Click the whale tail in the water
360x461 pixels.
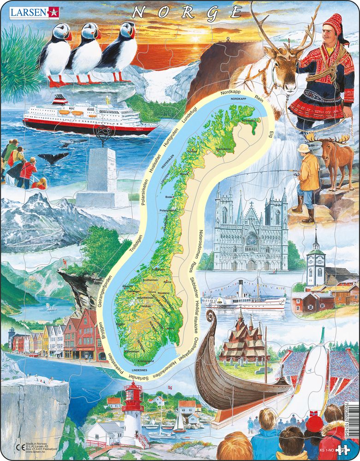pos(53,158)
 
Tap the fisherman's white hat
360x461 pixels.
pos(303,148)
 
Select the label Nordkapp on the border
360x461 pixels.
pos(228,92)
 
